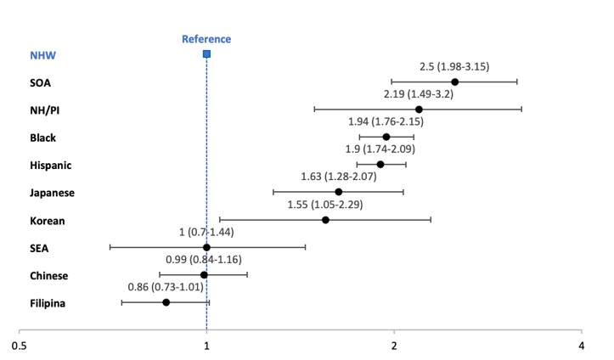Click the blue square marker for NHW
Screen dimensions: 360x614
pos(206,54)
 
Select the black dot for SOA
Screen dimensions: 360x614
pos(455,82)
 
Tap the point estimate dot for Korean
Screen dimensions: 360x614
pos(325,220)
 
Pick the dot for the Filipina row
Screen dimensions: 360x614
pos(166,302)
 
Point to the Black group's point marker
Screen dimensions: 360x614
pos(386,137)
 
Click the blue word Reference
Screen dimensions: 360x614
pos(206,39)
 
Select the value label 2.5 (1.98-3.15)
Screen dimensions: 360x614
pos(454,66)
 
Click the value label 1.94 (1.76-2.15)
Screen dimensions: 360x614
pos(386,121)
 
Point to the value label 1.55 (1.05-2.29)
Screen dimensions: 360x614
pos(326,205)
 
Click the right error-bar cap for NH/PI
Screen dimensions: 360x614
pos(521,110)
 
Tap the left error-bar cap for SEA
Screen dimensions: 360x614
pos(110,247)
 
